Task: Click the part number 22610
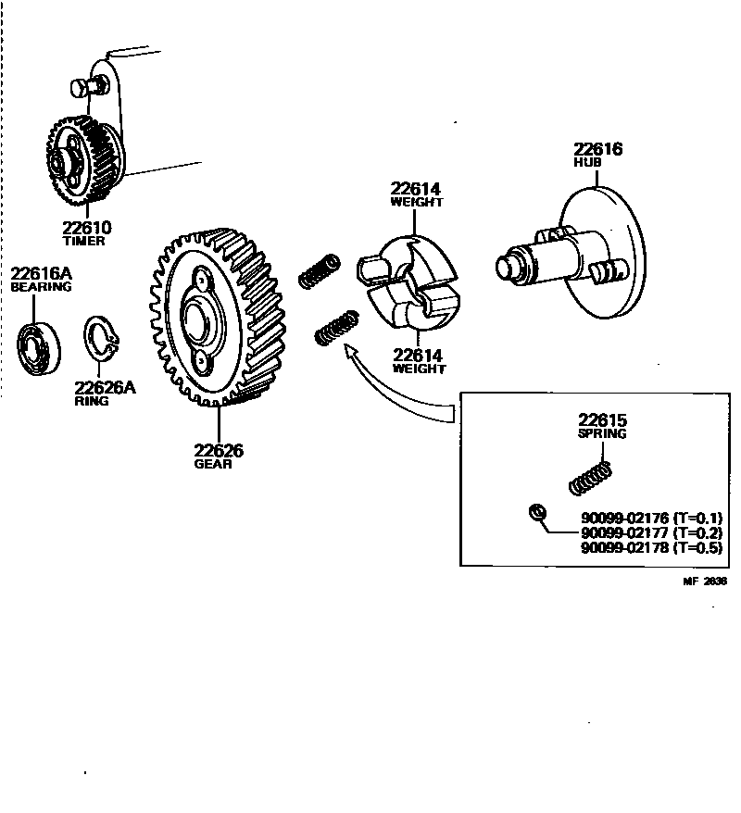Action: tap(86, 228)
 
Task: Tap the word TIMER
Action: tap(84, 242)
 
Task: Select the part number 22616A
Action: tap(41, 273)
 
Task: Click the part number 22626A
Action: tap(105, 388)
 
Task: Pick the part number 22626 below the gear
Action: tap(219, 451)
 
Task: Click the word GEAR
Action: tap(213, 465)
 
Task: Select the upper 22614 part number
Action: tap(416, 189)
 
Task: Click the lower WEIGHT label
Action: tap(418, 369)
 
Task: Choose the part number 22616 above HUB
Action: tap(597, 149)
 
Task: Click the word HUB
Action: tap(587, 163)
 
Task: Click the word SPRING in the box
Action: tap(602, 433)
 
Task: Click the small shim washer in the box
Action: tap(534, 512)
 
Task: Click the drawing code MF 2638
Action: tap(705, 582)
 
